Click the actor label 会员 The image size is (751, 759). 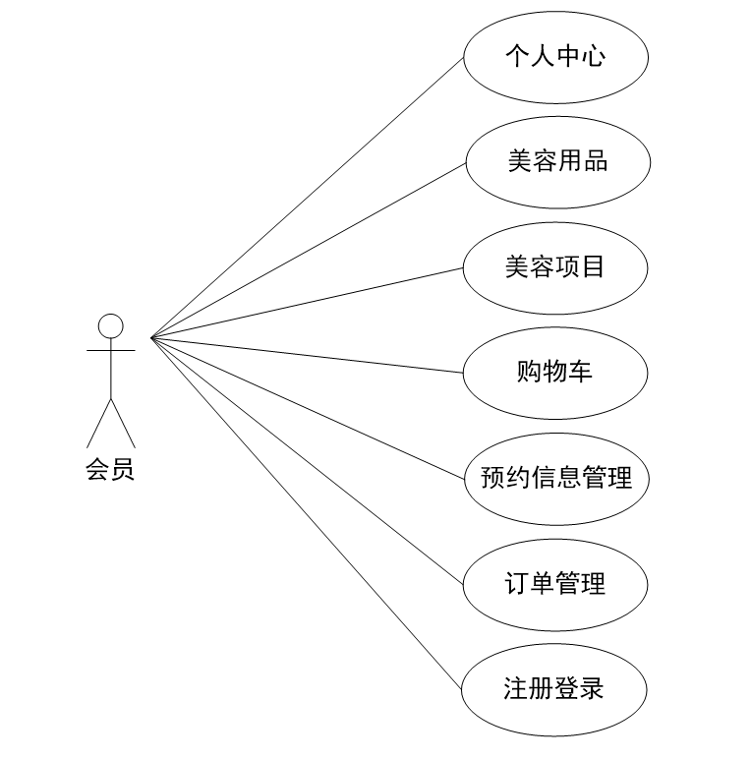tap(110, 471)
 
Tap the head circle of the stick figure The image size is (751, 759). tap(111, 325)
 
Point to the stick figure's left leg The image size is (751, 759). tap(98, 423)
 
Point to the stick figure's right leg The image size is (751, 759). tap(124, 423)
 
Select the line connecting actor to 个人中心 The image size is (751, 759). tap(307, 197)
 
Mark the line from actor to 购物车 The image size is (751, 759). tap(307, 356)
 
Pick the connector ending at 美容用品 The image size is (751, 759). tap(307, 250)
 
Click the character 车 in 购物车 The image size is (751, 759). tap(580, 372)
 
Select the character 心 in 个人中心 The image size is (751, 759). tap(593, 55)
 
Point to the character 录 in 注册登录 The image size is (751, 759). tap(591, 688)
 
